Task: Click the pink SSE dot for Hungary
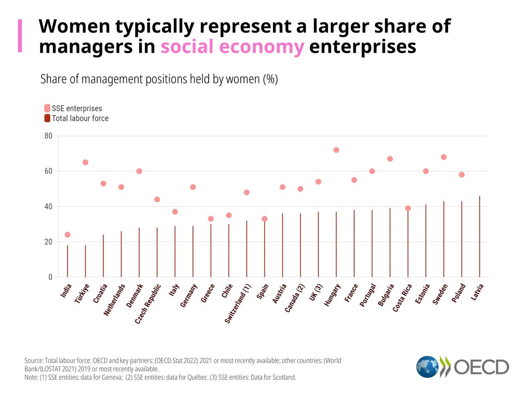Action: pos(336,150)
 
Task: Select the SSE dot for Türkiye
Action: pos(85,162)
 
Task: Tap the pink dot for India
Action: pos(67,235)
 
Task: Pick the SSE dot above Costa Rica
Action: pos(408,208)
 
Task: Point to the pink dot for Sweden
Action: pos(444,157)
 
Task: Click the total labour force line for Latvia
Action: pos(479,236)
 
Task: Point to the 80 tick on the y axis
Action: pos(48,136)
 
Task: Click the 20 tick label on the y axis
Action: pos(48,242)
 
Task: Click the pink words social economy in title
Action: pos(232,47)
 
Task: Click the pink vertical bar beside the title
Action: pos(19,36)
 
